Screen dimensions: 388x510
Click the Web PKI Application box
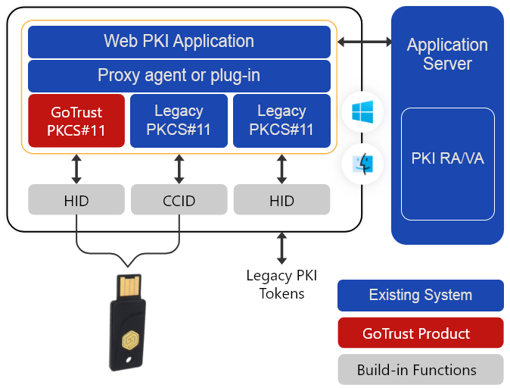point(179,42)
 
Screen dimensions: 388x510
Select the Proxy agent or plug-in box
point(179,76)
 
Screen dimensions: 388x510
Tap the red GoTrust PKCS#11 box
point(76,120)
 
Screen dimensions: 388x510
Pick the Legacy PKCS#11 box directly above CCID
point(179,120)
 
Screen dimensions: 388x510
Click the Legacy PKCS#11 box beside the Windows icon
point(281,120)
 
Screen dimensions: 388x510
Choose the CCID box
point(179,200)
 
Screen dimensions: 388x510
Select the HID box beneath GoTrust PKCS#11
point(76,200)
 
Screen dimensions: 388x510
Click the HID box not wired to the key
point(281,200)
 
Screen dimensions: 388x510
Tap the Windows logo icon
point(362,113)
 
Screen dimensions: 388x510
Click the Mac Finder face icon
point(362,164)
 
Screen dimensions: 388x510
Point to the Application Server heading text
point(447,54)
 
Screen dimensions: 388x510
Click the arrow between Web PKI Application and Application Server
point(362,42)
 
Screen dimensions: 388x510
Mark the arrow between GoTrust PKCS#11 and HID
point(76,169)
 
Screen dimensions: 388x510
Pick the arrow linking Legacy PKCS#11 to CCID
point(179,169)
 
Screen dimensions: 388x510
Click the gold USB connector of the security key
point(129,286)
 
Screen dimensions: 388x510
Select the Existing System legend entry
point(420,296)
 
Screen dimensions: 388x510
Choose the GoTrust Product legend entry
point(420,333)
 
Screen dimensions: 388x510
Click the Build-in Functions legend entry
point(420,370)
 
